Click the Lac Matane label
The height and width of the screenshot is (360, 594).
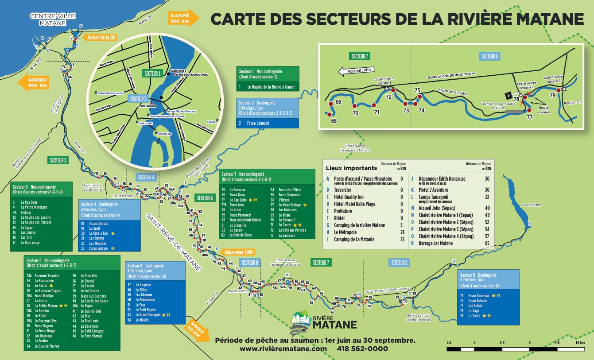[532, 205]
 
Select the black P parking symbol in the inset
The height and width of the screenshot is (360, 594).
[509, 95]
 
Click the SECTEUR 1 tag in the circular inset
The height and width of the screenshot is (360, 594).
[152, 73]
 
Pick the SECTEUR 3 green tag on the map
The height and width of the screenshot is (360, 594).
[58, 160]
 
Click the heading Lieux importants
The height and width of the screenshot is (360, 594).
[351, 168]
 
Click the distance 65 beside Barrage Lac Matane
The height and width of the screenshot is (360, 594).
[487, 243]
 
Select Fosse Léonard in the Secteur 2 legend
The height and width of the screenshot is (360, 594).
[258, 123]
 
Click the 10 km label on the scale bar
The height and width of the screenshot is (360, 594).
[579, 342]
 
